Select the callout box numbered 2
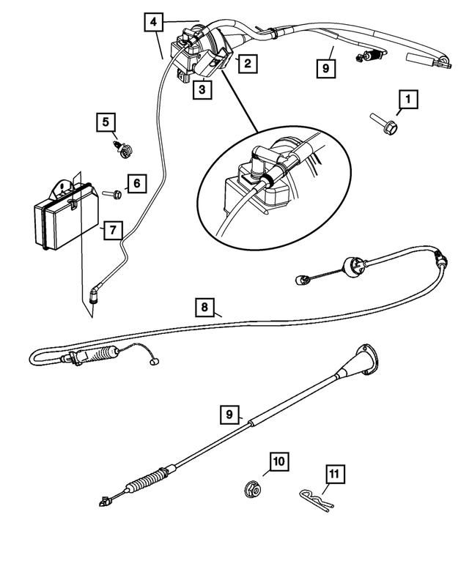tap(247, 64)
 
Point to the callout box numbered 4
tap(152, 23)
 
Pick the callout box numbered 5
tap(106, 122)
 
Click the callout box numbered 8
tap(206, 307)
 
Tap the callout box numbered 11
tap(333, 475)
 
